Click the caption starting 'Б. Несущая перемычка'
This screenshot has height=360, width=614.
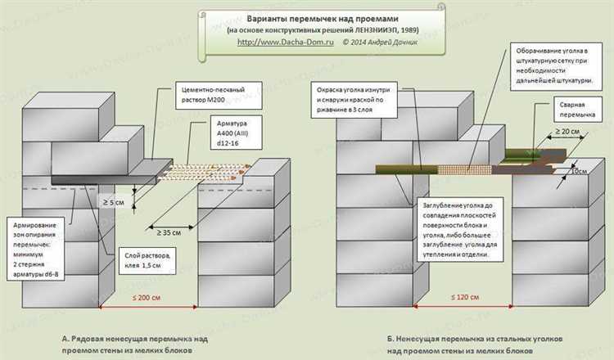click(455, 343)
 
